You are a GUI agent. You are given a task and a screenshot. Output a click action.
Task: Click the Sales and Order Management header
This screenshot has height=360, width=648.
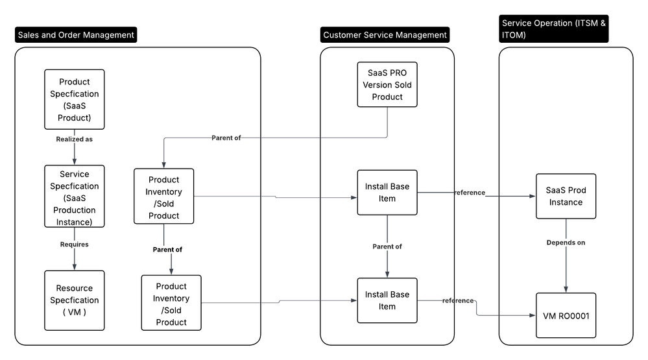pyautogui.click(x=76, y=35)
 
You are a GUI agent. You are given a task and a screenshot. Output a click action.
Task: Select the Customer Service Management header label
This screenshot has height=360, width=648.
pyautogui.click(x=385, y=35)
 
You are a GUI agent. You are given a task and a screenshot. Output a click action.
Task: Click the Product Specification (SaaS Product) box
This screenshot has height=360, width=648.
pyautogui.click(x=75, y=100)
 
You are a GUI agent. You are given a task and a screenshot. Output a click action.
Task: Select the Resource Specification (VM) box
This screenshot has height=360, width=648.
pyautogui.click(x=75, y=300)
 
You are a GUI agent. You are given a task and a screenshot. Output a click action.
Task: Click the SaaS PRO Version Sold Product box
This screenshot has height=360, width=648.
pyautogui.click(x=387, y=85)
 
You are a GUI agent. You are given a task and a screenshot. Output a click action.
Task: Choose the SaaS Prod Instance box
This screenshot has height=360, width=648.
pyautogui.click(x=566, y=196)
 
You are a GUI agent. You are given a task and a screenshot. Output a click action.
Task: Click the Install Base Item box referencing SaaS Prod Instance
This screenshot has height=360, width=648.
pyautogui.click(x=387, y=193)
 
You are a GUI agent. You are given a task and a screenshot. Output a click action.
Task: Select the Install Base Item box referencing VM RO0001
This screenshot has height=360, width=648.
pyautogui.click(x=387, y=300)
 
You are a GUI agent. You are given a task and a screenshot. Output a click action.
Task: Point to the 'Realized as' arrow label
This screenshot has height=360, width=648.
pyautogui.click(x=75, y=139)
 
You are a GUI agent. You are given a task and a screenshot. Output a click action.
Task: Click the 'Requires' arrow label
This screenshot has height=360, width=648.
pyautogui.click(x=75, y=245)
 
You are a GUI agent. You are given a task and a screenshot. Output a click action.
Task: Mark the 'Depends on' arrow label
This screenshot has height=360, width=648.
pyautogui.click(x=566, y=242)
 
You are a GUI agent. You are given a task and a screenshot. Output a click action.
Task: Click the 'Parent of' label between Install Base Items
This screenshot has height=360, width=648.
pyautogui.click(x=387, y=246)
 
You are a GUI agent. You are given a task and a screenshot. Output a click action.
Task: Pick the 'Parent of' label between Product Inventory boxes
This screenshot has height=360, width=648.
pyautogui.click(x=167, y=249)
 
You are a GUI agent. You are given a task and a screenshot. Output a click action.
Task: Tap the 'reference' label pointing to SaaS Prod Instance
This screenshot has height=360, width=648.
pyautogui.click(x=470, y=193)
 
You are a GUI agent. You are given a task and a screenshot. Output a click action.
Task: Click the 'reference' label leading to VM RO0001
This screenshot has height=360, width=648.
pyautogui.click(x=458, y=300)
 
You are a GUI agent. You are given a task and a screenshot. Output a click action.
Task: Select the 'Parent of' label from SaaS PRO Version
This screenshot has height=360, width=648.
pyautogui.click(x=226, y=138)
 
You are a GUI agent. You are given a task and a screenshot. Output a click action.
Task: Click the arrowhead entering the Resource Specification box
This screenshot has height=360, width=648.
pyautogui.click(x=75, y=266)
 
